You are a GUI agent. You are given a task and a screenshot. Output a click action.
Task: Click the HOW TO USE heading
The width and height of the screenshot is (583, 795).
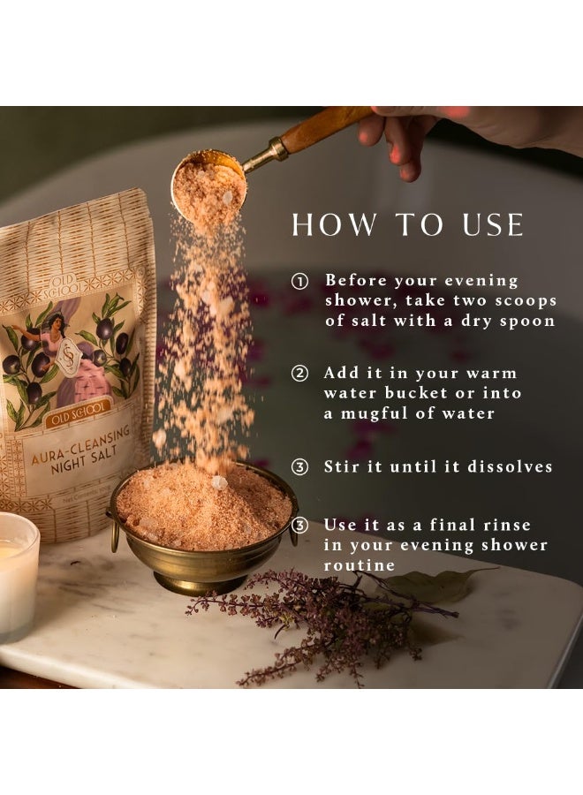click(408, 225)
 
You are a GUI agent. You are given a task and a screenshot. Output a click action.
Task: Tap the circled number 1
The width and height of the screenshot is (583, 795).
click(300, 282)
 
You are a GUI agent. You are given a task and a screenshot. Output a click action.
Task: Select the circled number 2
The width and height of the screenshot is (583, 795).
click(300, 374)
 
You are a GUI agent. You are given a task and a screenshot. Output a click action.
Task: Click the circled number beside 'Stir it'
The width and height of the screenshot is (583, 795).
click(300, 467)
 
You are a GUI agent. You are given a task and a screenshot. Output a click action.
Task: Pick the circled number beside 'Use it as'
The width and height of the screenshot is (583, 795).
click(300, 526)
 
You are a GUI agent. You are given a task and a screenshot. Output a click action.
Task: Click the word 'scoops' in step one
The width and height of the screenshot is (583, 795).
click(525, 301)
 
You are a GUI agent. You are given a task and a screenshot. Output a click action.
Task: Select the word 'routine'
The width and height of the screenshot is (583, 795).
click(359, 565)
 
